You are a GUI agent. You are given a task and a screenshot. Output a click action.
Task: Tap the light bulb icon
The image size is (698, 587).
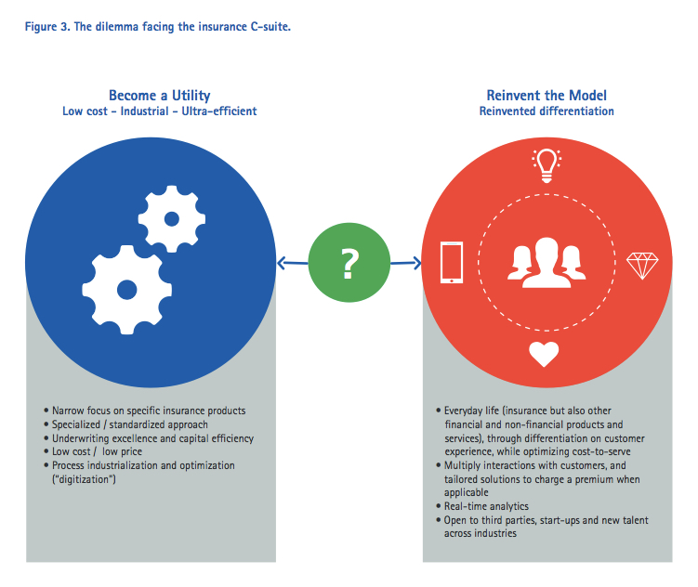tap(547, 165)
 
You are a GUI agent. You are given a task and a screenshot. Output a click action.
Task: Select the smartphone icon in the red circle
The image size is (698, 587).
tap(451, 262)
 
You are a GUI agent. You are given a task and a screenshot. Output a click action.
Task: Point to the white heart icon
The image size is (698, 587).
tap(546, 354)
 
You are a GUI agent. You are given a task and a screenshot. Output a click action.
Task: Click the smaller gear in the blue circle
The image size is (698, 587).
tap(171, 219)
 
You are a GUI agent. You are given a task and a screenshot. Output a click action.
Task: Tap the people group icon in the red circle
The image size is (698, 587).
tap(547, 263)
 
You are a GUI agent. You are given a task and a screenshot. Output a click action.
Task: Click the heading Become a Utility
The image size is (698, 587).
tap(159, 96)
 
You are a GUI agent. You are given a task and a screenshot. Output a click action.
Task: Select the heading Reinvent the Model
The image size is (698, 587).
tap(547, 96)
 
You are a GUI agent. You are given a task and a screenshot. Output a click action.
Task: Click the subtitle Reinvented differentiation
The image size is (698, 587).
tap(547, 111)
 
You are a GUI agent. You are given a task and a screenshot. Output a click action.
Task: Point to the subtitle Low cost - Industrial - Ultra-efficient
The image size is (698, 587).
tap(159, 111)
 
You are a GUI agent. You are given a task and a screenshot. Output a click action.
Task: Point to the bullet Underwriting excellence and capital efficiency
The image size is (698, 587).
tap(152, 438)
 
